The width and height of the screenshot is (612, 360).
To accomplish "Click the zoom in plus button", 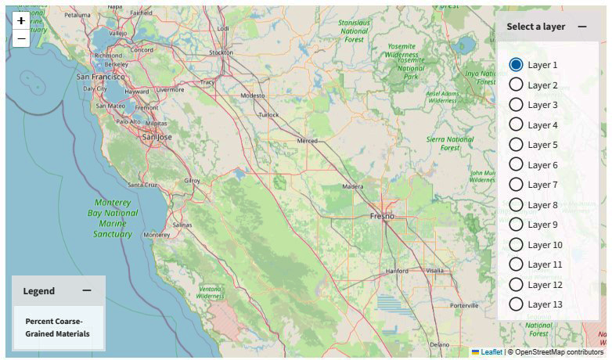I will tap(21, 20).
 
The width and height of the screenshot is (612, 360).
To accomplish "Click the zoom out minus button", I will tap(21, 38).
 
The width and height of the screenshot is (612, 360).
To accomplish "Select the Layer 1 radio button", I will tap(517, 65).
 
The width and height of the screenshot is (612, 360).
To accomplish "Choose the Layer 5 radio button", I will tap(517, 145).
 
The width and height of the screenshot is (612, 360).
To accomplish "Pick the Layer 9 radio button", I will tap(517, 225).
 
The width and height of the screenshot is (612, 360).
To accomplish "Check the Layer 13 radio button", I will tap(517, 304).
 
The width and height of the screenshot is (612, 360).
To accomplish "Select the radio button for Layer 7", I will tap(517, 185).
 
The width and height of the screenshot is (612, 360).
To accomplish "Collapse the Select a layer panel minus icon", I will tap(582, 27).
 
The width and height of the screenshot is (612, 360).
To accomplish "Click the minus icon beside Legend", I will tap(87, 290).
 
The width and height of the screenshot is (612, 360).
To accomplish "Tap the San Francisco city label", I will tap(100, 77).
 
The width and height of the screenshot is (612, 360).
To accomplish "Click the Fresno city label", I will tap(383, 216).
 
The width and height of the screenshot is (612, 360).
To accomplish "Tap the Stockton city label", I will tap(221, 52).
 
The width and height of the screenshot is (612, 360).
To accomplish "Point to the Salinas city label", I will tap(182, 225).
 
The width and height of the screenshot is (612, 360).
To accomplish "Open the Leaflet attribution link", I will tap(491, 352).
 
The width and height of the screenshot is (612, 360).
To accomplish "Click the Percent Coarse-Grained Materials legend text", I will tap(57, 327).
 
